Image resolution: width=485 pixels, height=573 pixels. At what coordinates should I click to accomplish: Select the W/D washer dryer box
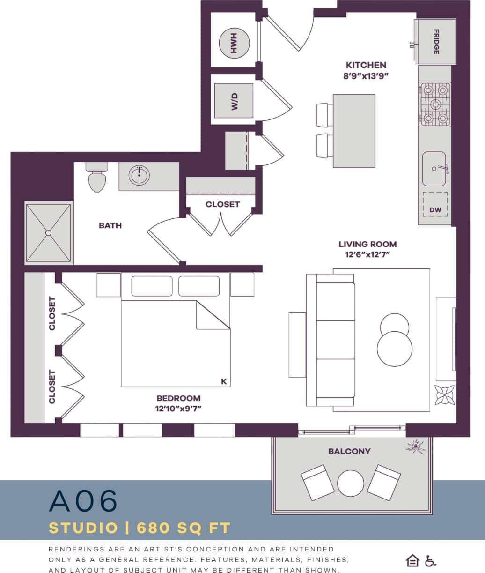[234, 101]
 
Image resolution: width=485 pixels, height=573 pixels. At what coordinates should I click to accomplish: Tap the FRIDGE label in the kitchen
[436, 42]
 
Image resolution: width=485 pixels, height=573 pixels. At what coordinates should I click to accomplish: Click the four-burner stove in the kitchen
[435, 104]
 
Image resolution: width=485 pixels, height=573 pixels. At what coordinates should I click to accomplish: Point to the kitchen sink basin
[434, 169]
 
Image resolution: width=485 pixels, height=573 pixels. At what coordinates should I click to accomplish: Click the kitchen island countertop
[354, 131]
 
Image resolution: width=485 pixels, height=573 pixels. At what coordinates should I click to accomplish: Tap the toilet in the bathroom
[97, 178]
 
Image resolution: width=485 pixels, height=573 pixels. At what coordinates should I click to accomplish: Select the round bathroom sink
[140, 176]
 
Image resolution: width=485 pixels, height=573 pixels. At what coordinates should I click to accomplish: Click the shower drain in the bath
[48, 233]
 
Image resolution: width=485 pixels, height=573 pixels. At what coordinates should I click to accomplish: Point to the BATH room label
[110, 225]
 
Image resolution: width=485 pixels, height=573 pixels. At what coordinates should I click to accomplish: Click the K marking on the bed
[224, 381]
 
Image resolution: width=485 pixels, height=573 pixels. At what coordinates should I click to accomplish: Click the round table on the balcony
[351, 483]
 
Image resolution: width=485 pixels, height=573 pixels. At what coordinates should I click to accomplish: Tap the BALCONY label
[349, 451]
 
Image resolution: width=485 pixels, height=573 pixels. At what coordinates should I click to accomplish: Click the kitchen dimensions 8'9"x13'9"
[366, 76]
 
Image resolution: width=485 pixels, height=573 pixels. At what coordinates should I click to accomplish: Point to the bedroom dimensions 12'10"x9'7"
[178, 409]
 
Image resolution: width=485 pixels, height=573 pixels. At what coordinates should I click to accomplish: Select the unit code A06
[83, 501]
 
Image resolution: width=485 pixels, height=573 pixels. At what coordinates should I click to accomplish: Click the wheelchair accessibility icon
[430, 560]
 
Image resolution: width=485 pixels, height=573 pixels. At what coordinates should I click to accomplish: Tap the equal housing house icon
[412, 560]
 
